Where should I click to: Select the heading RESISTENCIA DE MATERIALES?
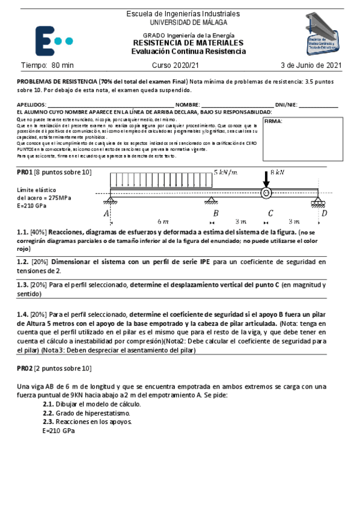tap(188, 43)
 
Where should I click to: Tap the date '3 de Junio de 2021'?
tap(311, 65)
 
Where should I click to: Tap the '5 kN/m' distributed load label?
tap(226, 173)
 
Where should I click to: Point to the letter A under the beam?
tap(106, 213)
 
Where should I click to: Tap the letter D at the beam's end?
tap(325, 213)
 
